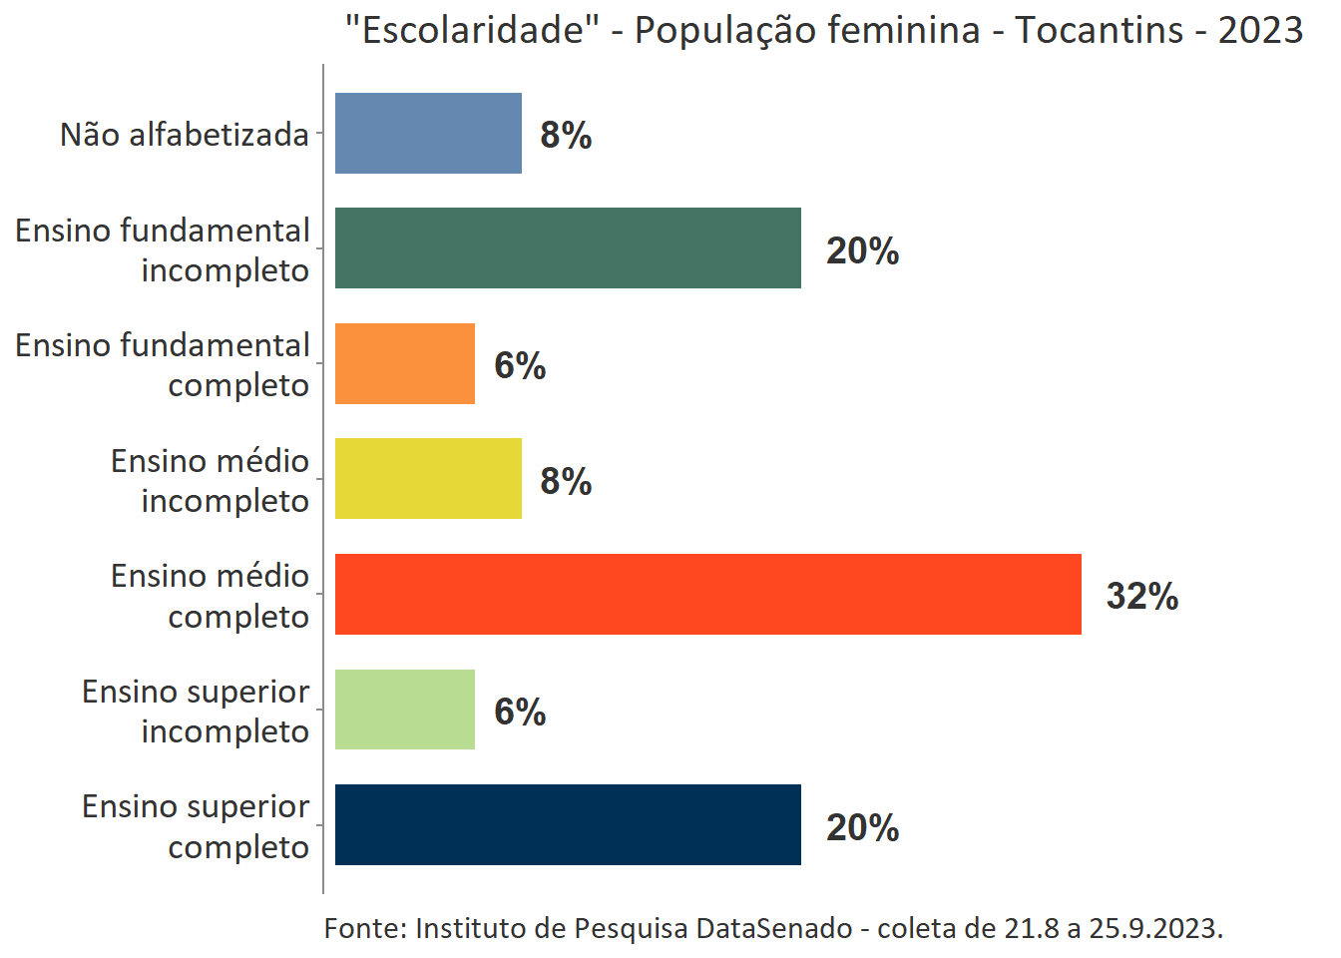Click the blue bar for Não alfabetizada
point(428,134)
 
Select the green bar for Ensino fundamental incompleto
point(568,248)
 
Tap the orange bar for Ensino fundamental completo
point(404,364)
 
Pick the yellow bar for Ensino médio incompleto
point(428,479)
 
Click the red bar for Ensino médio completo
point(707,595)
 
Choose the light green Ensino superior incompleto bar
point(404,710)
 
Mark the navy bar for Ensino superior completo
point(568,825)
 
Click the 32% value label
point(1142,597)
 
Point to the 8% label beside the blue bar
point(566,136)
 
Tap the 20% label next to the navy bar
point(862,828)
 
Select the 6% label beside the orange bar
point(520,366)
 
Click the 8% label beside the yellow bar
point(566,482)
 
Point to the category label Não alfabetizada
point(185,135)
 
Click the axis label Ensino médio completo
point(210,596)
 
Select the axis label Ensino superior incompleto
point(196,711)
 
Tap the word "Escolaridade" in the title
point(471,31)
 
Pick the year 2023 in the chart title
point(1260,31)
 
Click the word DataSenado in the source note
point(773,928)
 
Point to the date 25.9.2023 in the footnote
point(1154,928)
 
